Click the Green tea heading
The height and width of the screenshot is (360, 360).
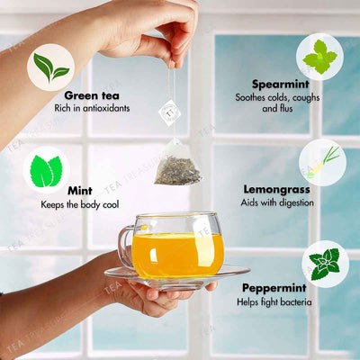(x=94, y=94)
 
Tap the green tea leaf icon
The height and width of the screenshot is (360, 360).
(x=50, y=67)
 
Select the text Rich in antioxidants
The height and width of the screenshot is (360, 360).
(x=95, y=108)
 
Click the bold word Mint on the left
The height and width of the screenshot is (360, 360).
(x=79, y=190)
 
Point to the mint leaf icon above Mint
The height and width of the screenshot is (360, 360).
(x=45, y=169)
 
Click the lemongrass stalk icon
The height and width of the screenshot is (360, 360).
(x=321, y=161)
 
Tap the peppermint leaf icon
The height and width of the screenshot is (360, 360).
(x=324, y=262)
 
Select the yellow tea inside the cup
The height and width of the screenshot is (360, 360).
(x=177, y=255)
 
